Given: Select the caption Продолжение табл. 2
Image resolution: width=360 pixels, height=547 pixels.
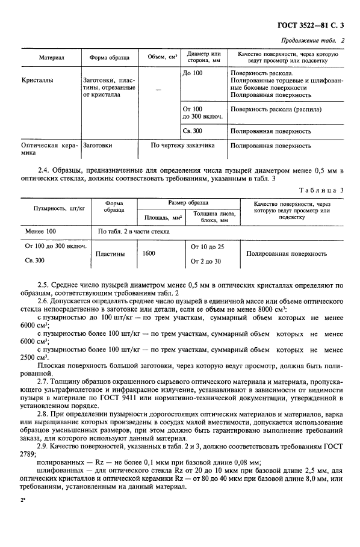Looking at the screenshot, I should point(314,40).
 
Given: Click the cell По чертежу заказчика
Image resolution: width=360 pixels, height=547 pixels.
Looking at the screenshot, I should point(176,145).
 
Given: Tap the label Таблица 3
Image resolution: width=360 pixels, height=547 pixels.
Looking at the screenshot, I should point(323,190).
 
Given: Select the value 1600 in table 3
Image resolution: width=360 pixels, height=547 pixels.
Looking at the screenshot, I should point(149,254).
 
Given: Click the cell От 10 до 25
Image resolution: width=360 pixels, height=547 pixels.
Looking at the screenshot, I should point(207,247).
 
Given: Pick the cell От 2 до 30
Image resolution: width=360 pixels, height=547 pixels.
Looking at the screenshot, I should point(206,261).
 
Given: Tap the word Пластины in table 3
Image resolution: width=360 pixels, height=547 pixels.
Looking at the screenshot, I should point(111,254).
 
